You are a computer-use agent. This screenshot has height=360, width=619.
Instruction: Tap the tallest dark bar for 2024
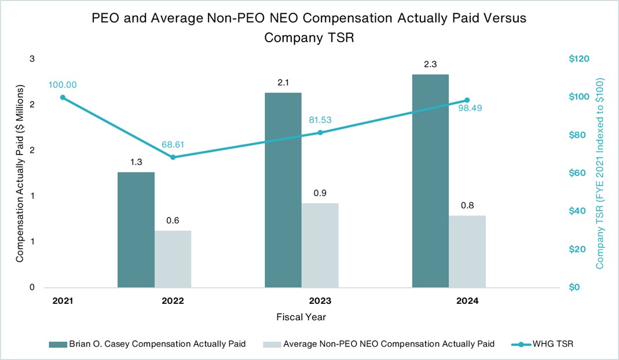430,181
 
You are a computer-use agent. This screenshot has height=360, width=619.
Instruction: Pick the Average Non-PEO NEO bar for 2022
173,259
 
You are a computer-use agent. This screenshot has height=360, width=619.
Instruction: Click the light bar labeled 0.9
320,245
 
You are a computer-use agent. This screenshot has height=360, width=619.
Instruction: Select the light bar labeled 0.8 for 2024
467,251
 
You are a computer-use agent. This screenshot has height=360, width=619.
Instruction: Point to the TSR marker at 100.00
63,97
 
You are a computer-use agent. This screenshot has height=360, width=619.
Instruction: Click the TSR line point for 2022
173,157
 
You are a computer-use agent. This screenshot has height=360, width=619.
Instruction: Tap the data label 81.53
320,120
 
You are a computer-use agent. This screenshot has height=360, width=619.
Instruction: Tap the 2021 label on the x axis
63,302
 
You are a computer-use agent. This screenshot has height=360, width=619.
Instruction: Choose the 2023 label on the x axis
320,302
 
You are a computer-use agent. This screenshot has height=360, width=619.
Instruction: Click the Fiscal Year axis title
301,317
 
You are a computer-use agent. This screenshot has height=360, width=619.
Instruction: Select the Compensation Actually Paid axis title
20,174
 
